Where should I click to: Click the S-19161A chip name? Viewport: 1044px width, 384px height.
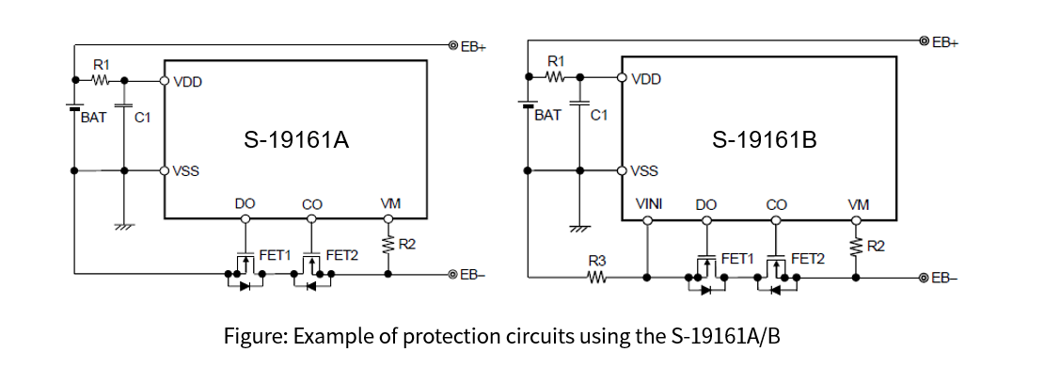[296, 141]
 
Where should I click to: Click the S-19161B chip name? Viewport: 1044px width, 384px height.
[764, 141]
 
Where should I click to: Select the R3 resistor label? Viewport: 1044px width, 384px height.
[595, 260]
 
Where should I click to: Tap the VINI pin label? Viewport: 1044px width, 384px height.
[649, 203]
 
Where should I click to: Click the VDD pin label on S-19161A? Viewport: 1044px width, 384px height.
[187, 82]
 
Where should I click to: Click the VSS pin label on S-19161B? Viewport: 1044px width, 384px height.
[644, 171]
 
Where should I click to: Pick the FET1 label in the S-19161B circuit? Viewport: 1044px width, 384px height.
[736, 257]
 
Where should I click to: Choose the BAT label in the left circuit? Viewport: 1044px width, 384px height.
[93, 119]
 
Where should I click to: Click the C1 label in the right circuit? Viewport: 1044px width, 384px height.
[598, 115]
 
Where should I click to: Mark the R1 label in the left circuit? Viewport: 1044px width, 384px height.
[102, 64]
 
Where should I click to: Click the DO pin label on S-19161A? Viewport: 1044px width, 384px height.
[245, 203]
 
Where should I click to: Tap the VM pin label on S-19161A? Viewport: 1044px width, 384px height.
[389, 203]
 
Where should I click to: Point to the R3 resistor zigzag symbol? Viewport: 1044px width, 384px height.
[595, 278]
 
